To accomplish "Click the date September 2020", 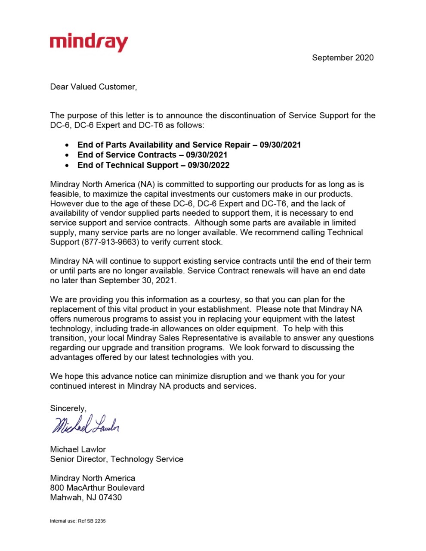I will [343, 58].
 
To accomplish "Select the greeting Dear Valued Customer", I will [93, 87].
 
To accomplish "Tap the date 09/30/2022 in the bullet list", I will [208, 165].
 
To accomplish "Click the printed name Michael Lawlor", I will [78, 449].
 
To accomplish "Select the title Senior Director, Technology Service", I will [117, 459].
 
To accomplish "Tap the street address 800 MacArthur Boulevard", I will [97, 488].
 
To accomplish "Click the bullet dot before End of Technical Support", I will [67, 165].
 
